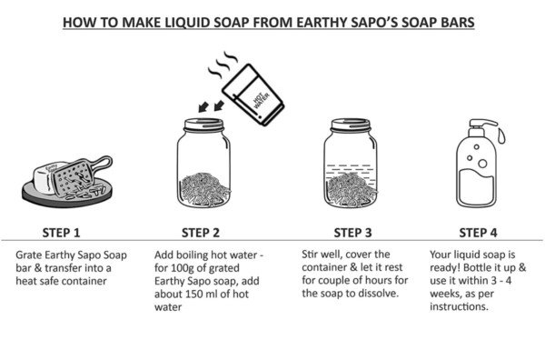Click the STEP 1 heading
coord(61,231)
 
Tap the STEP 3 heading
coord(352,231)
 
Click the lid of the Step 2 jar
coord(204,124)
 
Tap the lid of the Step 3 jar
coord(352,124)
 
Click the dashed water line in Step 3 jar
coord(352,168)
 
